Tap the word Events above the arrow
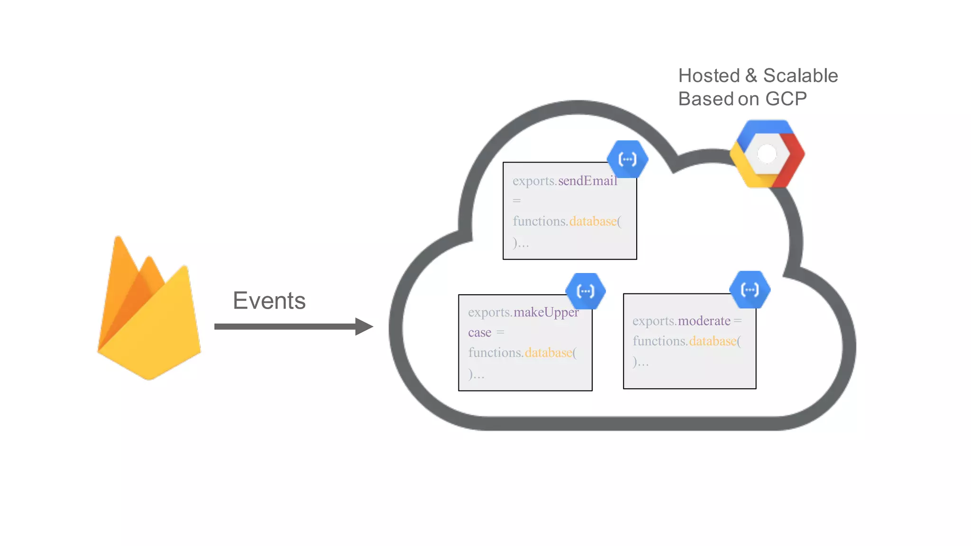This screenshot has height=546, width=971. tap(269, 300)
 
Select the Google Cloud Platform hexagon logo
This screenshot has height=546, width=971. tap(767, 154)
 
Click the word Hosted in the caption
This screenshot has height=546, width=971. tap(709, 76)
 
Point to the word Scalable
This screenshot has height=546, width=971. tap(800, 76)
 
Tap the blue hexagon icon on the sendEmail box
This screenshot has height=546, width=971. tap(628, 159)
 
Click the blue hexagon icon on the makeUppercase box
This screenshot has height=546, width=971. tap(586, 291)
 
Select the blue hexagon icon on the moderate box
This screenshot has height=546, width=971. tap(750, 290)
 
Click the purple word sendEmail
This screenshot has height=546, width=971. tap(587, 181)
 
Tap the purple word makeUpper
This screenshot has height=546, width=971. tap(546, 312)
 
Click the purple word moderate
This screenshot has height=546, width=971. tap(704, 321)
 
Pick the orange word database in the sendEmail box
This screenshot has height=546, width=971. tap(593, 221)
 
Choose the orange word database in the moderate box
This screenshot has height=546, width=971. tap(713, 341)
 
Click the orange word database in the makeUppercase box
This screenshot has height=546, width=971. tap(548, 353)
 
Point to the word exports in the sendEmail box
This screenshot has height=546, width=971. tap(533, 181)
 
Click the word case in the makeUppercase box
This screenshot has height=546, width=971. tap(479, 333)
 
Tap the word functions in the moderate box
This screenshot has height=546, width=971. tap(659, 341)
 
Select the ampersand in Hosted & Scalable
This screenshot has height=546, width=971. tap(751, 76)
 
